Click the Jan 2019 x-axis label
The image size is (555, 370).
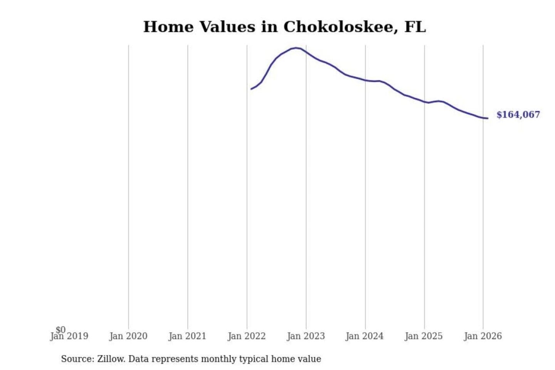[69, 336]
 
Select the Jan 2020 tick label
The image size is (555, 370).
[128, 336]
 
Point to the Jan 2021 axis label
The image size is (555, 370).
[187, 336]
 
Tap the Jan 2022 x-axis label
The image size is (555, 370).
[247, 336]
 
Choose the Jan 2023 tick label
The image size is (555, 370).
[306, 336]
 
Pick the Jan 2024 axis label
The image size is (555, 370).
[365, 336]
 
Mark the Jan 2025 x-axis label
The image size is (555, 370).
[424, 336]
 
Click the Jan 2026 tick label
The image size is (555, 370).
[483, 336]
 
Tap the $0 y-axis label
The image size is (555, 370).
[61, 330]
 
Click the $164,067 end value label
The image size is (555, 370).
[518, 115]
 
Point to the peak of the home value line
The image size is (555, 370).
[296, 48]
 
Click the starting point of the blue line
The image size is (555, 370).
[251, 89]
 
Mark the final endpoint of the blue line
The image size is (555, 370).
[488, 118]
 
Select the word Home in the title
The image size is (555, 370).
[168, 27]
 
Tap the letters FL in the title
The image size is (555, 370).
[415, 27]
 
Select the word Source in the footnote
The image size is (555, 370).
[77, 359]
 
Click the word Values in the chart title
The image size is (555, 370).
[227, 27]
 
